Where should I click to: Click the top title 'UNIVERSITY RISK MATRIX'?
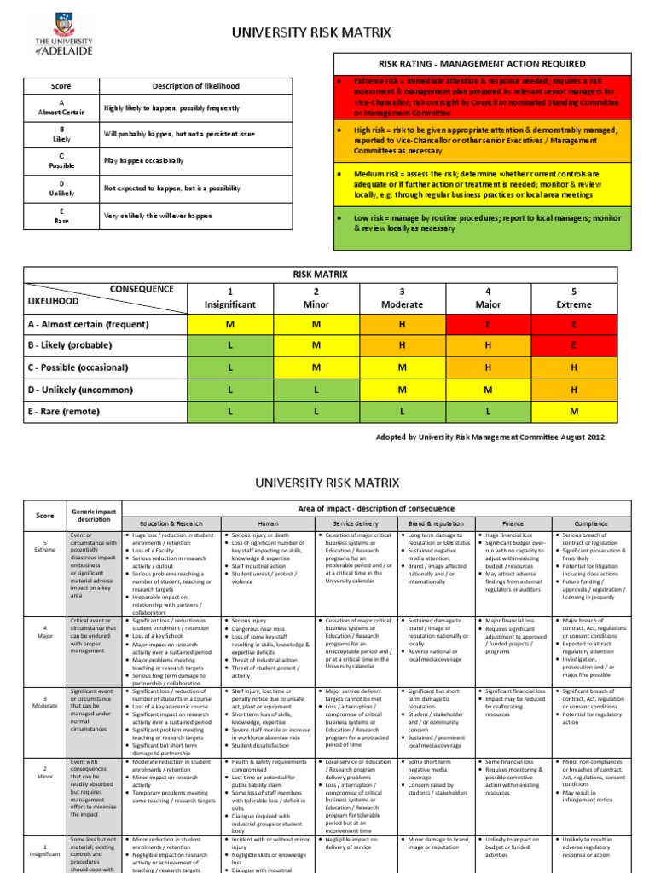311,33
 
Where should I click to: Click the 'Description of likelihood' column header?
195,85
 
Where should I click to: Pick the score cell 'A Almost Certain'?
61,108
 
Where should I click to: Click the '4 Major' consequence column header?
488,298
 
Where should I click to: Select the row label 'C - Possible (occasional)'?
78,367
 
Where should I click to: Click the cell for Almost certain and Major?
488,324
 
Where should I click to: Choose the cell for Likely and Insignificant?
229,346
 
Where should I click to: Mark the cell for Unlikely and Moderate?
402,390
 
